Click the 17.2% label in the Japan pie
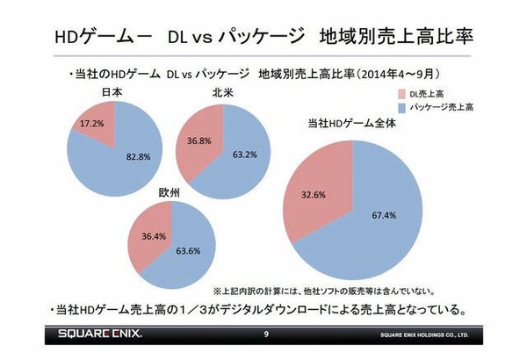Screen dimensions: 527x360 pos(92,124)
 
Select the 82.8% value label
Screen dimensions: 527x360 pos(139,157)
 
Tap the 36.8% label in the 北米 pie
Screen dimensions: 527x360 pos(199,140)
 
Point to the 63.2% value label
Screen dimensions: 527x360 pos(245,155)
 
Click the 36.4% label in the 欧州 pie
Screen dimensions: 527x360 pos(154,236)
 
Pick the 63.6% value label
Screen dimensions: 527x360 pos(189,251)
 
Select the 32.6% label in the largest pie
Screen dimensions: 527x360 pos(314,195)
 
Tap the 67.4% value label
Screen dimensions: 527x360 pos(384,215)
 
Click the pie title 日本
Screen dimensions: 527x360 pos(112,92)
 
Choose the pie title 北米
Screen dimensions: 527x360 pos(223,93)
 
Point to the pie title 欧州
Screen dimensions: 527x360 pos(169,192)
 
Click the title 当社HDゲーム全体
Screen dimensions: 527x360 pos(352,123)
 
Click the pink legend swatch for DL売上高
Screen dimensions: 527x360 pos(402,94)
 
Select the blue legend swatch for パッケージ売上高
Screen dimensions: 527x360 pos(402,108)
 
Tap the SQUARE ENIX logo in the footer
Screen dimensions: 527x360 pos(100,334)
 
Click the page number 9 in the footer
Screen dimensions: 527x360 pos(266,335)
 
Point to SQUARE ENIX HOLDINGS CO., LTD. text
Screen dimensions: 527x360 pos(424,335)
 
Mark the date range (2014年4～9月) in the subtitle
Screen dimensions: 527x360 pos(398,74)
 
